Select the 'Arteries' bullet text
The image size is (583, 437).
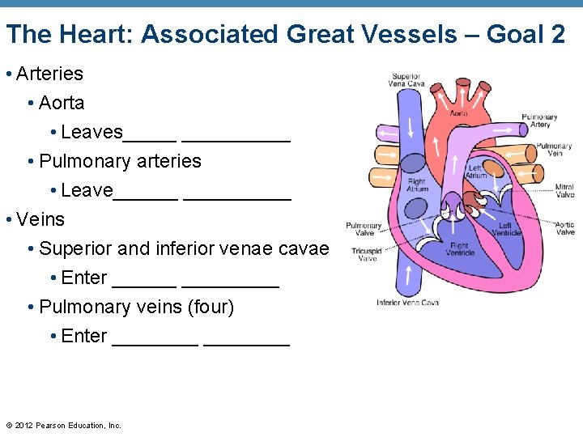49,74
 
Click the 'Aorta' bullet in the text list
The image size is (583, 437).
62,103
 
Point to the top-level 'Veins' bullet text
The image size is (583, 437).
40,219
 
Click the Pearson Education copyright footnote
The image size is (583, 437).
63,426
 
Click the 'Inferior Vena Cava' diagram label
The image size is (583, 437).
407,303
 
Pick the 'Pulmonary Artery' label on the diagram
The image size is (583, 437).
539,121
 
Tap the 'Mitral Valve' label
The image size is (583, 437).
564,191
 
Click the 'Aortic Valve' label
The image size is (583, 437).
564,228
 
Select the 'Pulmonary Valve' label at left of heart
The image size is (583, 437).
364,229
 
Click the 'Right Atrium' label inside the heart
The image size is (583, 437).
416,185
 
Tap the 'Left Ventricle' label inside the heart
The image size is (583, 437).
504,229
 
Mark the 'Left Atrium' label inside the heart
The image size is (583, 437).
476,172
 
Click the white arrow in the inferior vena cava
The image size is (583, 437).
411,275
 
